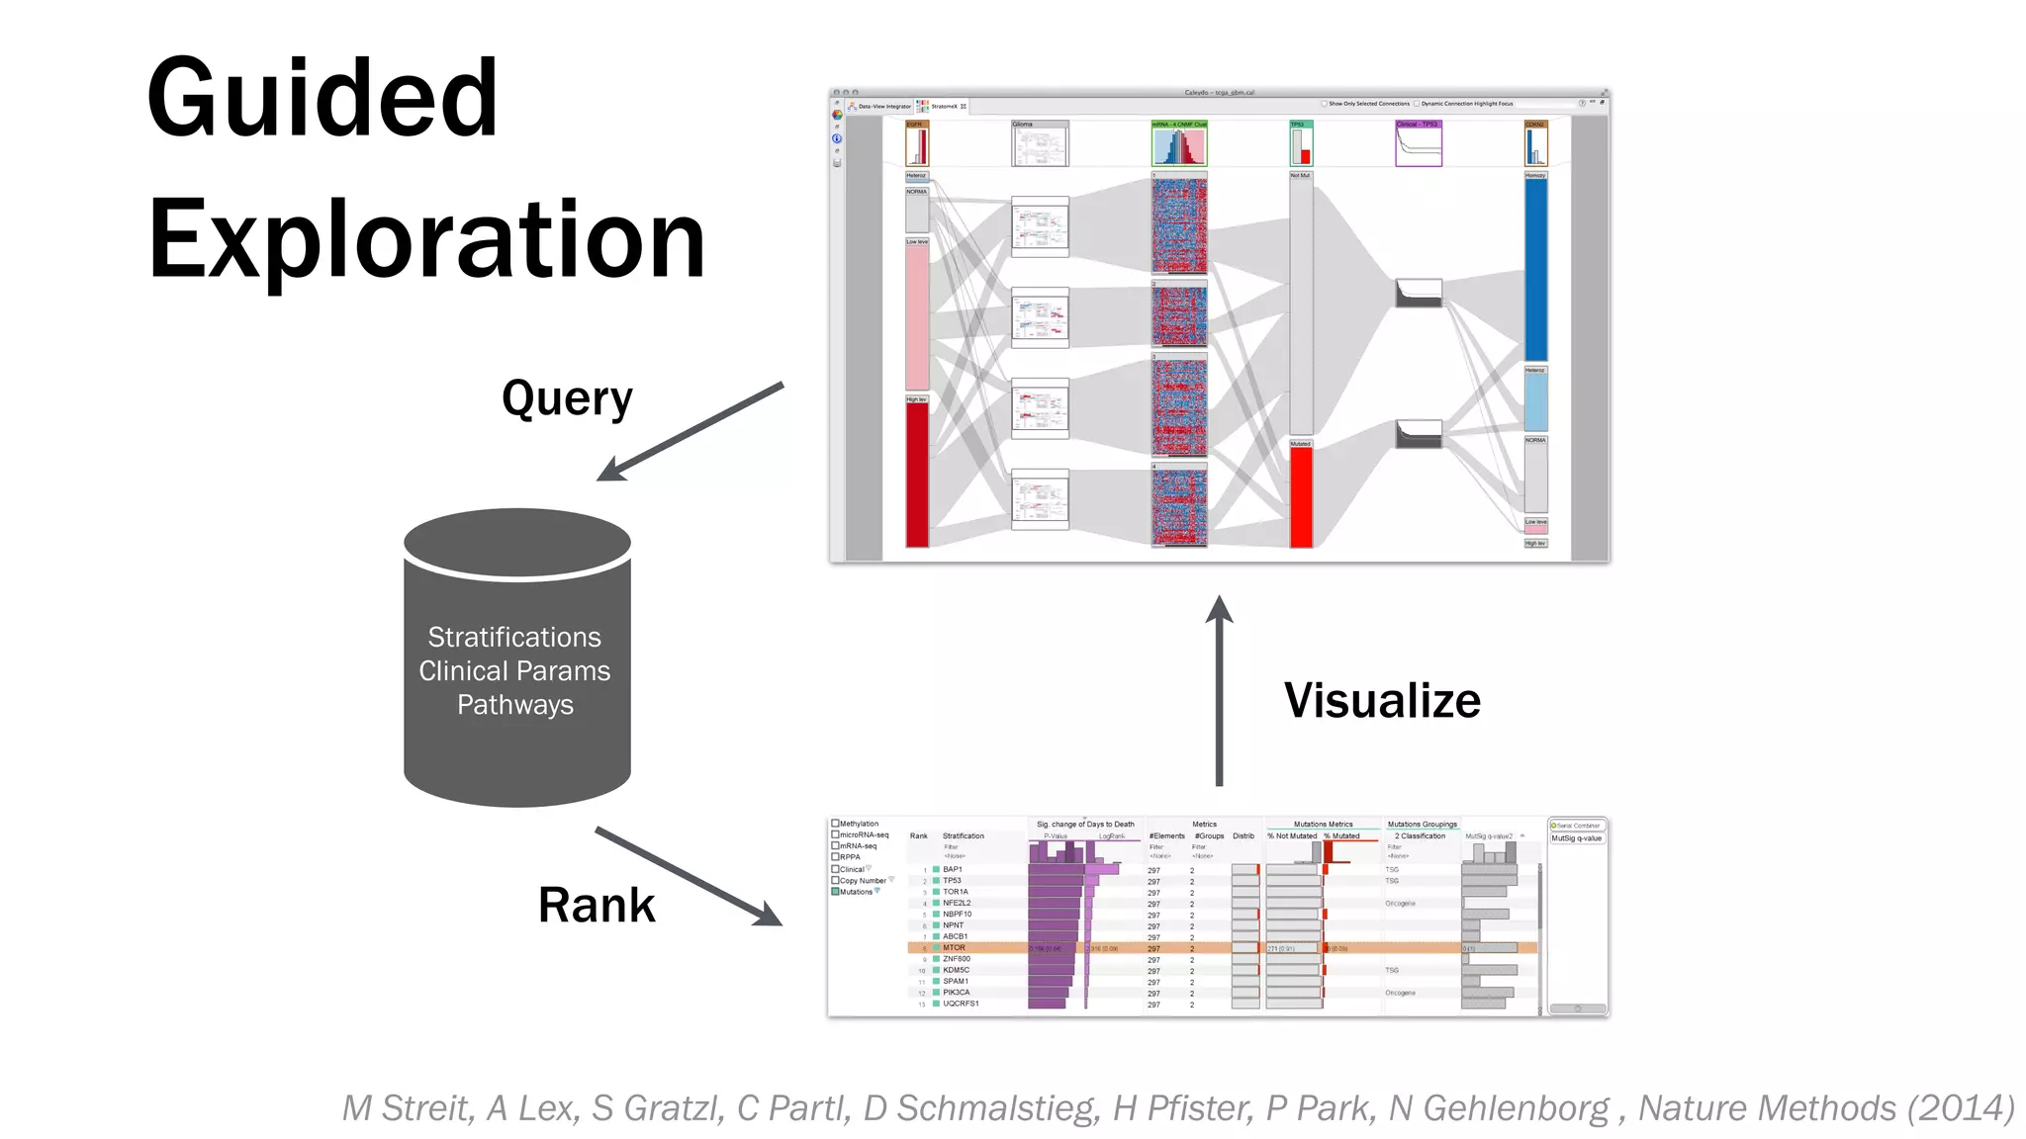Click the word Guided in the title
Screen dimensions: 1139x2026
[322, 99]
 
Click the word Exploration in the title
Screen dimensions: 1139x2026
[426, 240]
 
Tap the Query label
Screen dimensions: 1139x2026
[567, 398]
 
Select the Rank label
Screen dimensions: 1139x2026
[597, 905]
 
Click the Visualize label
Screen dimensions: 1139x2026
[1382, 701]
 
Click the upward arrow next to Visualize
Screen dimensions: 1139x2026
[1219, 692]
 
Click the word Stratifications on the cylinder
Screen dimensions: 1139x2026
[514, 637]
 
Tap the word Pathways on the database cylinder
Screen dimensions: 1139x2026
[514, 705]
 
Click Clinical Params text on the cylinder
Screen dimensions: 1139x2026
[514, 671]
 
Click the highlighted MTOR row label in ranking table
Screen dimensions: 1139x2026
[954, 947]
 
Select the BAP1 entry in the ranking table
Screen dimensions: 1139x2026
[952, 869]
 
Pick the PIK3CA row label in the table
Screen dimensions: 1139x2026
[956, 992]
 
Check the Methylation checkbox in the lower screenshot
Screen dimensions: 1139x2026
[836, 823]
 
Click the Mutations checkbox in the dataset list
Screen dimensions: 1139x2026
[836, 891]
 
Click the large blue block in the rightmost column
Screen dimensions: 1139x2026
[1535, 269]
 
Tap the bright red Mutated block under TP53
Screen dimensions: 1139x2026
[1301, 496]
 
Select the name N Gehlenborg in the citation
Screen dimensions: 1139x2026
[1499, 1108]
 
